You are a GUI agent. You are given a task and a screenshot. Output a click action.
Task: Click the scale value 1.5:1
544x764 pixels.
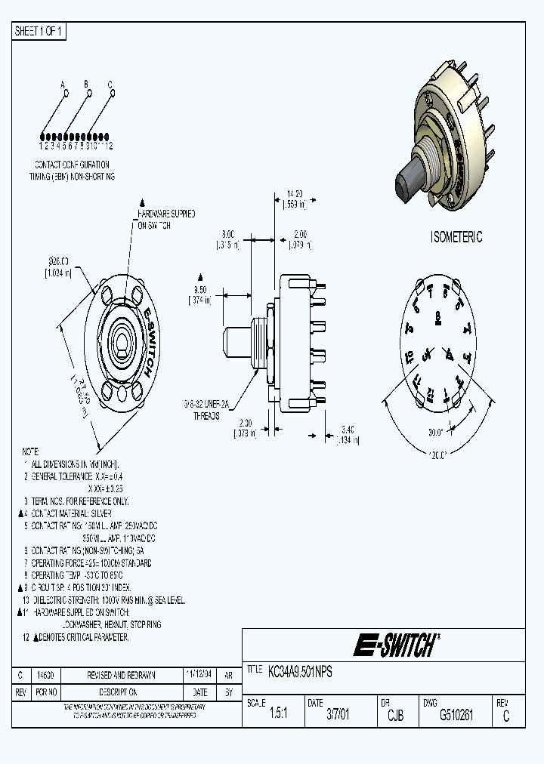(278, 715)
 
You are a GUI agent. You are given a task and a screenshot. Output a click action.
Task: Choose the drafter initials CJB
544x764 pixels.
(395, 715)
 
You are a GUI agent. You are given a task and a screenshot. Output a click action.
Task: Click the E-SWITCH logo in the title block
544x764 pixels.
(394, 645)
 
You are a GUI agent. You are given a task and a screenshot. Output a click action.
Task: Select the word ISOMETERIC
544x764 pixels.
(456, 237)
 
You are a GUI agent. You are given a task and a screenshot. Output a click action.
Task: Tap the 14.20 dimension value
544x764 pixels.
(294, 193)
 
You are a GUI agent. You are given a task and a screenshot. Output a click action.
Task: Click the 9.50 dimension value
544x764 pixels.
(200, 289)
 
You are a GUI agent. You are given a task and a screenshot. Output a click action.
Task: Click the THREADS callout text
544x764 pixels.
(206, 416)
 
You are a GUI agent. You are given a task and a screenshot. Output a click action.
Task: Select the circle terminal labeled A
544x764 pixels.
(66, 94)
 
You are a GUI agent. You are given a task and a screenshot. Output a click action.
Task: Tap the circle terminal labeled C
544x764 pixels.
(112, 94)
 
